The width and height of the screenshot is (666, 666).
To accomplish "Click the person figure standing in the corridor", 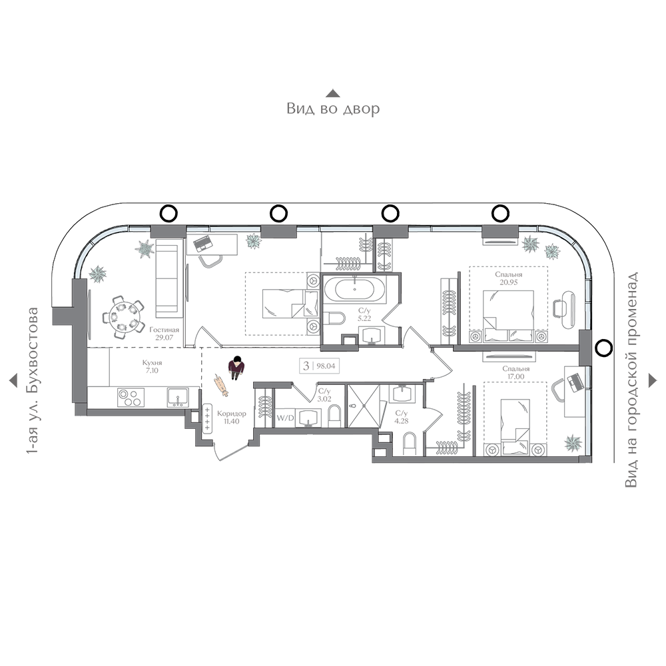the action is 236,368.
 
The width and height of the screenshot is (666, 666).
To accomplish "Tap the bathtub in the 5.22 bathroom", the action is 355,290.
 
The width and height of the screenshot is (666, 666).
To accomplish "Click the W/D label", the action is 285,418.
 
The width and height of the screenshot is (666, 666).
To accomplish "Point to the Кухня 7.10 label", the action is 152,366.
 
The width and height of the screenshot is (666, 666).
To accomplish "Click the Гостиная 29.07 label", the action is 164,334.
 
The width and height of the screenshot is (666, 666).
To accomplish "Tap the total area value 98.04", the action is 326,366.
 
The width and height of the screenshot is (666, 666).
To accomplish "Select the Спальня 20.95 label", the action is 508,278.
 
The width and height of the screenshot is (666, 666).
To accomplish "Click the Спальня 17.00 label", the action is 515,372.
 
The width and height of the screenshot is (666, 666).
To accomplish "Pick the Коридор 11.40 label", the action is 232,417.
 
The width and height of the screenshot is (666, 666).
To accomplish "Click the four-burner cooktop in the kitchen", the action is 130,398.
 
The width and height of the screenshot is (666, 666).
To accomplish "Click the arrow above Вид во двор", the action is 333,93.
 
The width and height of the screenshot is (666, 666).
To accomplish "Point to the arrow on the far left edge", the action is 13,380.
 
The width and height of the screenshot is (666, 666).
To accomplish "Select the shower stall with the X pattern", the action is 363,406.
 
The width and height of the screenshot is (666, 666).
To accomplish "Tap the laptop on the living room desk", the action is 203,243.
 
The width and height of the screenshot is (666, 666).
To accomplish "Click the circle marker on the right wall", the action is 602,348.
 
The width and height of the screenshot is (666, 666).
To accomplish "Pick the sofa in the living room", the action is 167,278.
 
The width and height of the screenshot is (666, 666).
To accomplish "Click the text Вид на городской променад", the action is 631,380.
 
